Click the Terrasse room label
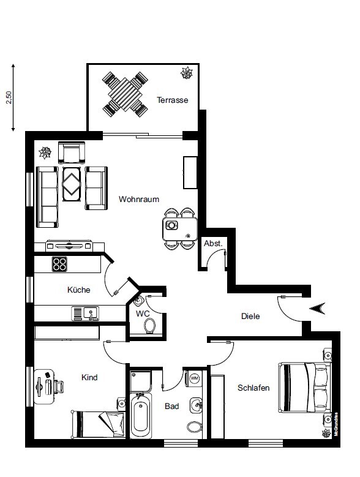173,100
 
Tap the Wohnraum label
139,199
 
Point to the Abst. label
213,243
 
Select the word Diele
250,316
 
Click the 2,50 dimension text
9,97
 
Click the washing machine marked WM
194,378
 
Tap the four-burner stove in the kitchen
59,264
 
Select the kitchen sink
85,314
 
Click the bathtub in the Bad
141,416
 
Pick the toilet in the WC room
149,326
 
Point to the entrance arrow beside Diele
317,309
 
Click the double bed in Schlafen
305,387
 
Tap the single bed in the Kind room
98,425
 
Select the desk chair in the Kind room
59,386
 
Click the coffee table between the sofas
72,184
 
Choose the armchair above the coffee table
72,152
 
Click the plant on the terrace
186,73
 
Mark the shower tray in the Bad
140,381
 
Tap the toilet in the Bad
195,427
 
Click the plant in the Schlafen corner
326,433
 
